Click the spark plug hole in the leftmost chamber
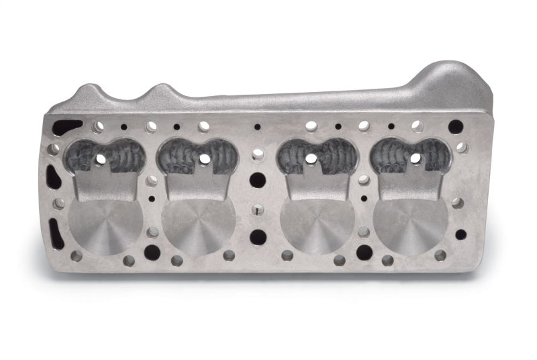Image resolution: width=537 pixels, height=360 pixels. (101, 159)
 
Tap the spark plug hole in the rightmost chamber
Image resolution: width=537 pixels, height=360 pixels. (416, 159)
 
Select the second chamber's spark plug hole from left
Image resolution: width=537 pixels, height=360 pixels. (205, 159)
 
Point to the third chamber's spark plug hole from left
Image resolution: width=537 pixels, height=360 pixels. (311, 159)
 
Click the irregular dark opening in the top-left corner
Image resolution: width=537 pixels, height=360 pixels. (67, 127)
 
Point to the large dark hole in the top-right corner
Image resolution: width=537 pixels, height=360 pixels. (455, 127)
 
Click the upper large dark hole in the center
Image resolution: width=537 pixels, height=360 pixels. (257, 180)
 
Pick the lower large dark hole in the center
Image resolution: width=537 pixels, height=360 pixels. (258, 236)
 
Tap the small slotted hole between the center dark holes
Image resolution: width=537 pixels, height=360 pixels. (258, 210)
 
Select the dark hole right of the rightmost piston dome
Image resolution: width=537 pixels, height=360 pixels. (460, 234)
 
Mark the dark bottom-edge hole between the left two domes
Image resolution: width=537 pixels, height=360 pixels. (152, 252)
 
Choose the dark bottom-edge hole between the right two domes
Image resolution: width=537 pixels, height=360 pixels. (364, 252)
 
